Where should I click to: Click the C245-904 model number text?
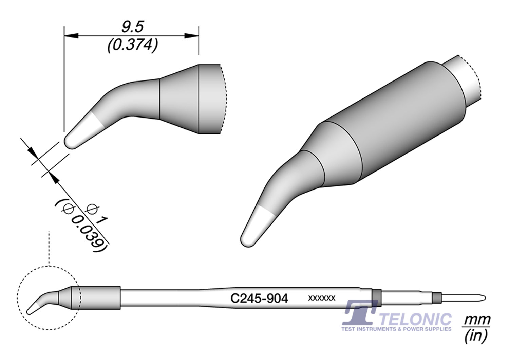(x=259, y=299)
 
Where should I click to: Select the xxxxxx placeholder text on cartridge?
(x=322, y=298)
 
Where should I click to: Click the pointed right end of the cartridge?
(x=483, y=298)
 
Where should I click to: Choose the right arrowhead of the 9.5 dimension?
(x=192, y=35)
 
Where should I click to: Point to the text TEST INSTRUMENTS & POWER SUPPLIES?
(x=397, y=329)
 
